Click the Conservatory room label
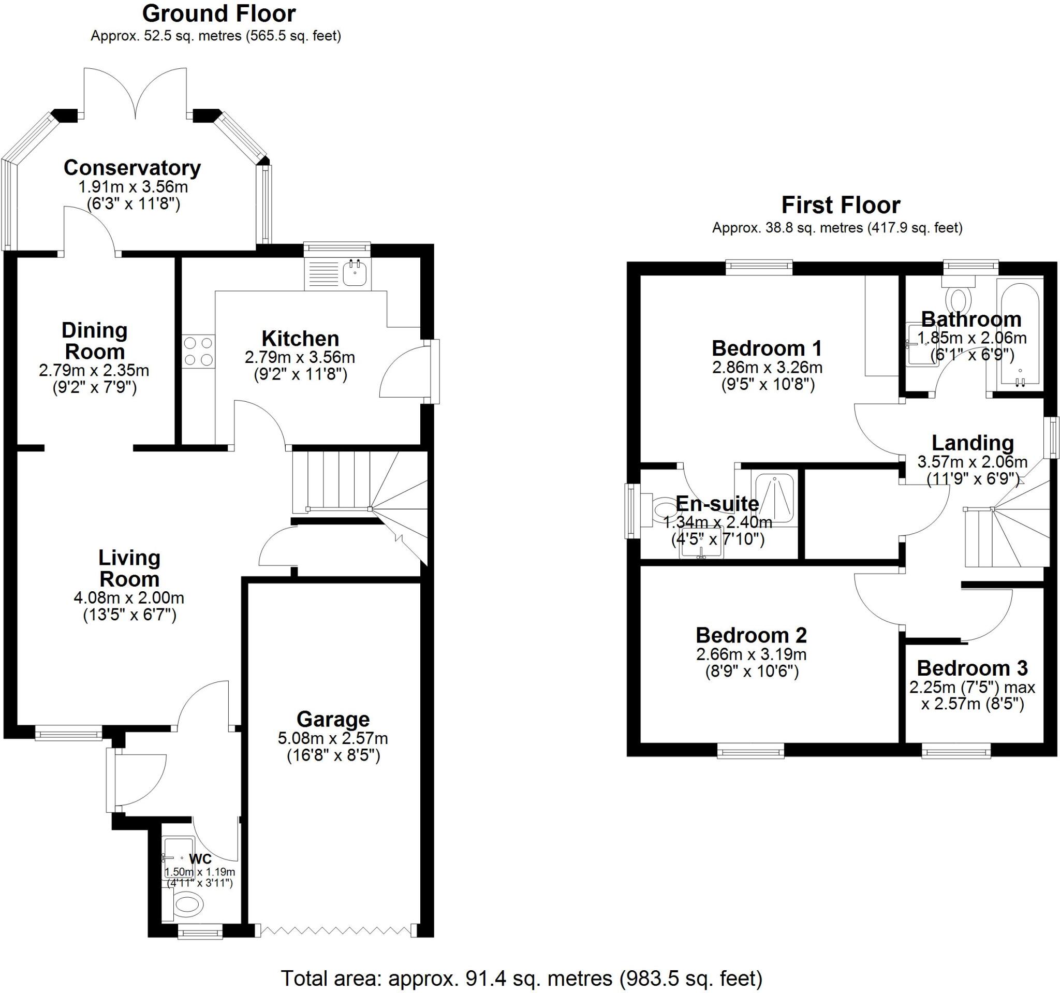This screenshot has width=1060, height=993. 132,168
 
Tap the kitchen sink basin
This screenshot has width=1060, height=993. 355,273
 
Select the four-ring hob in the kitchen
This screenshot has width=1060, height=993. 198,352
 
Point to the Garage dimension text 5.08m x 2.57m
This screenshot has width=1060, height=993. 333,739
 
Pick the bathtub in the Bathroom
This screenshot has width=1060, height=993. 1020,335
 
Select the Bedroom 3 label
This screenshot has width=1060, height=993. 972,668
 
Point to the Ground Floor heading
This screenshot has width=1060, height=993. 218,14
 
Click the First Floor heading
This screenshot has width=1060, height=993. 841,205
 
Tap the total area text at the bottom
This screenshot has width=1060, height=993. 522,978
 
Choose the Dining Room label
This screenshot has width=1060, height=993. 94,341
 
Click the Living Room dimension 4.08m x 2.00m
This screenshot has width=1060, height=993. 129,598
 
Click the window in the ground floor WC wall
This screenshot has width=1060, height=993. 200,932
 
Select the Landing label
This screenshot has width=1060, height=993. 973,443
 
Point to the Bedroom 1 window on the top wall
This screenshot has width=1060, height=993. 759,267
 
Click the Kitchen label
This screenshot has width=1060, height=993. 300,339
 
